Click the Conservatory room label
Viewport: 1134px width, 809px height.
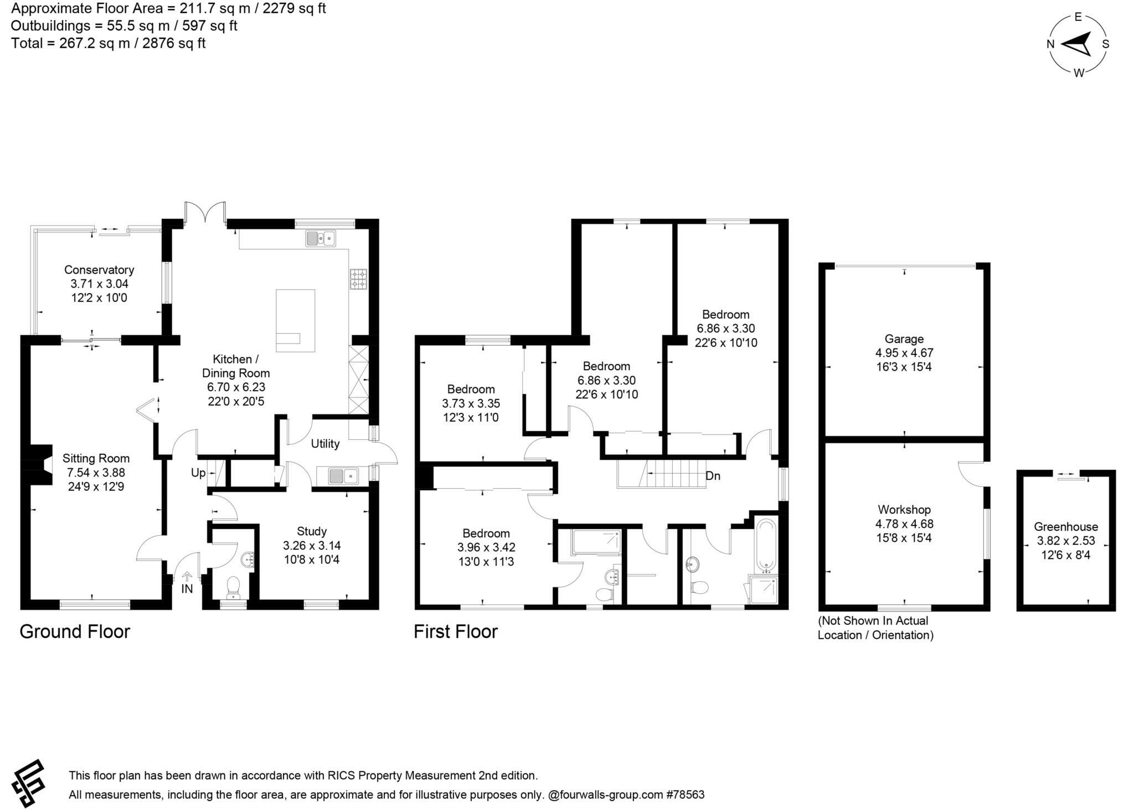[99, 270]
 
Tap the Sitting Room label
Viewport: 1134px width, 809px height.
[96, 458]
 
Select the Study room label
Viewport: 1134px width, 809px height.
[312, 531]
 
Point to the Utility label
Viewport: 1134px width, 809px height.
[325, 444]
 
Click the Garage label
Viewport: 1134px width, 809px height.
[904, 339]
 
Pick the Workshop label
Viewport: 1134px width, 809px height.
[904, 509]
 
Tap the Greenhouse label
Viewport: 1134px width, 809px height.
[1066, 527]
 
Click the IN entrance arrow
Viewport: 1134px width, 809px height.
[187, 576]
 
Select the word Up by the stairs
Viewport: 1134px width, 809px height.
[198, 473]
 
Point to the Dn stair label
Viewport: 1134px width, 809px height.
[713, 476]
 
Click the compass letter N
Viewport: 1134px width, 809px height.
[1050, 44]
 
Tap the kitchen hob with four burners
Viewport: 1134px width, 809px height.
[358, 279]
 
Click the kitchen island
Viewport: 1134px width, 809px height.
[296, 320]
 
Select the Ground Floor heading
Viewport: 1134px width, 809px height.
[75, 632]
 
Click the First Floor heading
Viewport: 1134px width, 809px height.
[456, 632]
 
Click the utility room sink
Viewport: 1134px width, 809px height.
[343, 475]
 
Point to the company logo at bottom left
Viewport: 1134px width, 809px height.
[29, 783]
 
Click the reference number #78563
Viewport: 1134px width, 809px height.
[685, 795]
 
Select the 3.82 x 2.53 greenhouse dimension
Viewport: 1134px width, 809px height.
[1066, 541]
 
